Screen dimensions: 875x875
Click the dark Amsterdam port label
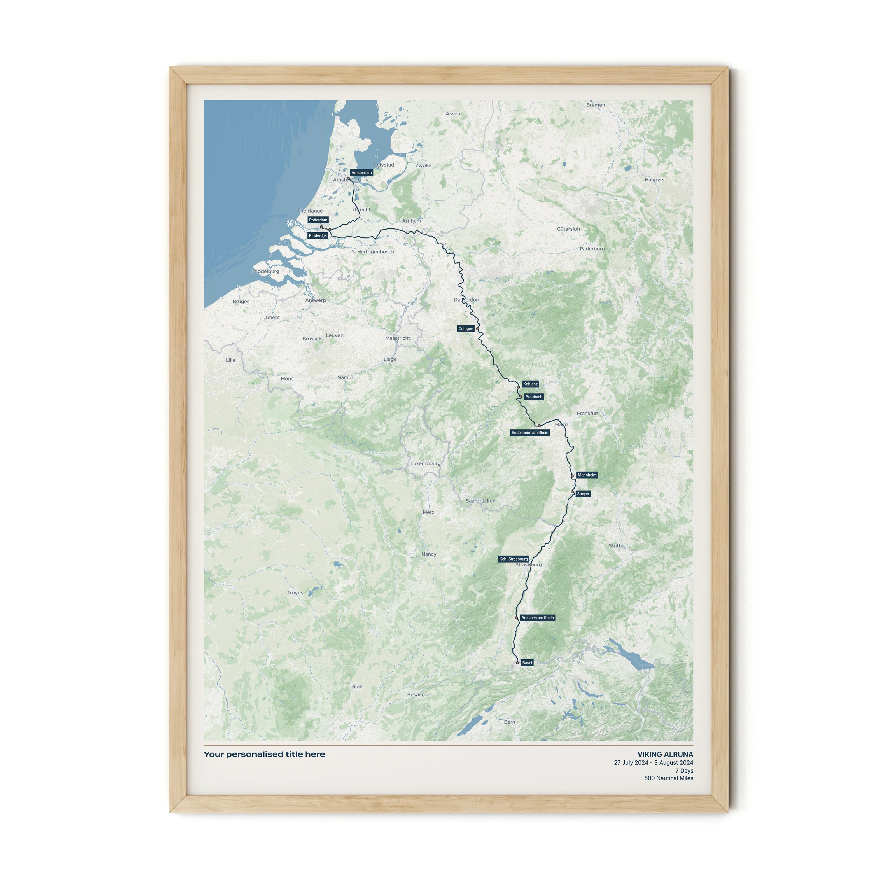pyautogui.click(x=361, y=172)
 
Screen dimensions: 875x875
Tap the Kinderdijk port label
pyautogui.click(x=318, y=235)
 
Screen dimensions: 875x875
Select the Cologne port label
pyautogui.click(x=466, y=329)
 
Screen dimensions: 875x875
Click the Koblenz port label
pyautogui.click(x=530, y=384)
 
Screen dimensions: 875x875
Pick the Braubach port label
pyautogui.click(x=533, y=397)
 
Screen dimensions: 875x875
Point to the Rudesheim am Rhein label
pyautogui.click(x=530, y=433)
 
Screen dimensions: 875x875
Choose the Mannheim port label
pyautogui.click(x=587, y=475)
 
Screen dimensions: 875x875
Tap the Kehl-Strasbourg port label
pyautogui.click(x=514, y=559)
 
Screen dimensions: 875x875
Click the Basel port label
pyautogui.click(x=527, y=662)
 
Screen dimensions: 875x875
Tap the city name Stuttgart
pyautogui.click(x=619, y=546)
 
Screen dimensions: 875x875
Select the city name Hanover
pyautogui.click(x=655, y=180)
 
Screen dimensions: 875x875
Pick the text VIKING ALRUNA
pyautogui.click(x=665, y=755)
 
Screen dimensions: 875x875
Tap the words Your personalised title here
pyautogui.click(x=265, y=754)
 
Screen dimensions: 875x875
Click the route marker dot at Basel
pyautogui.click(x=517, y=662)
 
